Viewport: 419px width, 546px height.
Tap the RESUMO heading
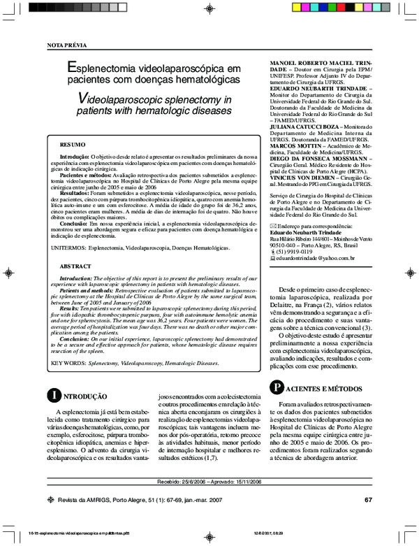73,144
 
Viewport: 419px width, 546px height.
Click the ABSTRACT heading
75,267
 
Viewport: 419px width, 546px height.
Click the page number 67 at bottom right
368,500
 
